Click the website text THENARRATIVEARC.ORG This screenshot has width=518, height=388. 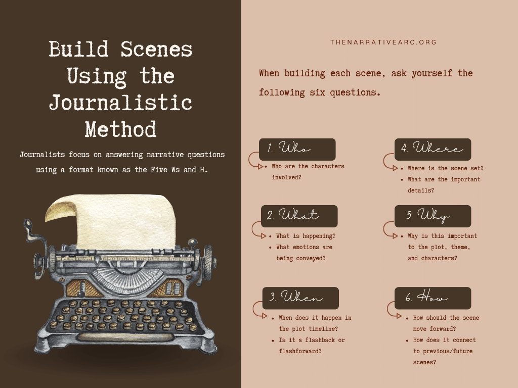click(383, 42)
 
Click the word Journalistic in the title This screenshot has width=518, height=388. click(120, 103)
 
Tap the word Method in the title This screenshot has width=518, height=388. click(120, 129)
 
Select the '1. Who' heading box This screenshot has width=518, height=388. click(297, 150)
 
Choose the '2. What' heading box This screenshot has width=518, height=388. click(299, 216)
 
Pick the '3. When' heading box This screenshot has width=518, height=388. click(300, 298)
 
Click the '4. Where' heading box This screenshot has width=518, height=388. click(433, 150)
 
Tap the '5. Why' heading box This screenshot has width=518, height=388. click(433, 216)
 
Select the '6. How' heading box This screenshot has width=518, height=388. click(433, 298)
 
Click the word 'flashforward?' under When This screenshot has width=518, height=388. click(300, 351)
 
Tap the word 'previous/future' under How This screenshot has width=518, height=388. click(443, 352)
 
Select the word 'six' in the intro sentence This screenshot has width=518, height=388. click(318, 92)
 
